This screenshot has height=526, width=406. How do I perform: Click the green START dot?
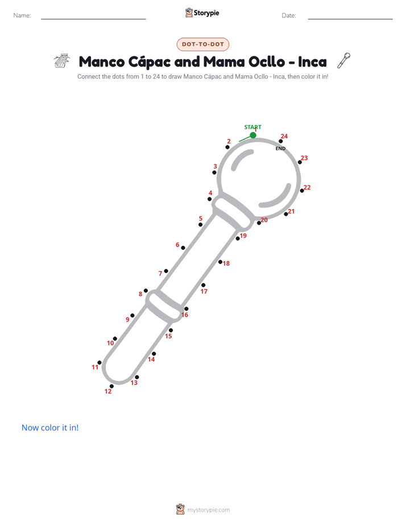point(253,135)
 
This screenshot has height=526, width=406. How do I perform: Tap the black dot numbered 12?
point(111,387)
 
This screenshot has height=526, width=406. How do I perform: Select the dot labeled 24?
point(281,141)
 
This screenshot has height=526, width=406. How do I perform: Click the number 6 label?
point(177,245)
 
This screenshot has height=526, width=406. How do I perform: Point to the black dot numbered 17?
point(204,285)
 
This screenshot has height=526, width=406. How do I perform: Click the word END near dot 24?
point(280,149)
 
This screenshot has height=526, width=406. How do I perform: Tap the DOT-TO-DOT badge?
point(203,44)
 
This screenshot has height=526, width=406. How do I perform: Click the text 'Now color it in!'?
point(50,428)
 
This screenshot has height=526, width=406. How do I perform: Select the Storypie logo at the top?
point(202,13)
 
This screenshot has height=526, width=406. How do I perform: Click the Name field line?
point(93,19)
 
